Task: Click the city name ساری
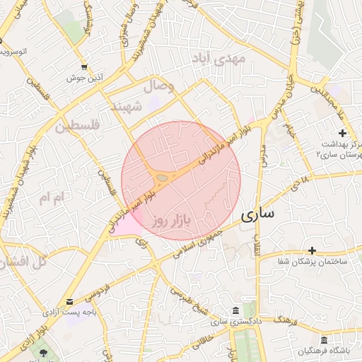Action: point(262,215)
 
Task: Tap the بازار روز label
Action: point(172,221)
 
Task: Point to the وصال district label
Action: point(159,87)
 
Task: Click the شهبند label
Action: point(127,106)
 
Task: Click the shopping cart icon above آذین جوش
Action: point(84,66)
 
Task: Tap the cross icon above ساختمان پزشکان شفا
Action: point(312,250)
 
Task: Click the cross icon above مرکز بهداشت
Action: point(342,133)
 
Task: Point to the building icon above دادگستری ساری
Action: point(235,311)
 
